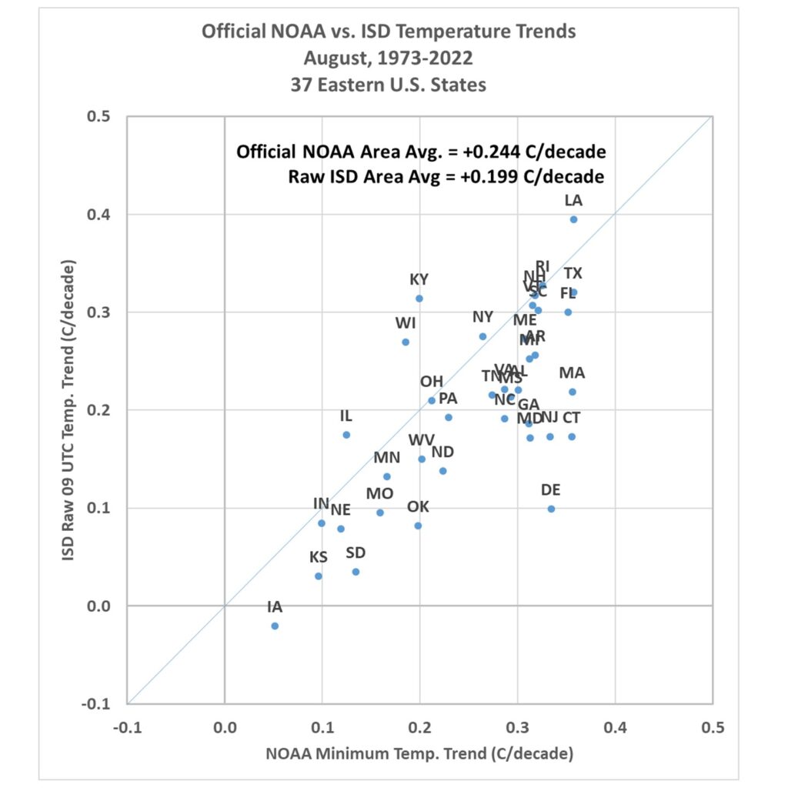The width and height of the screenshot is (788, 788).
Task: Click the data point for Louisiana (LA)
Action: (x=573, y=219)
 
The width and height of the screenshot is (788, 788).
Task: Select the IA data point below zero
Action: (x=275, y=626)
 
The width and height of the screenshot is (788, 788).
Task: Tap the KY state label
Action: (x=419, y=279)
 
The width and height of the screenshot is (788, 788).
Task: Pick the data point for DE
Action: (x=551, y=509)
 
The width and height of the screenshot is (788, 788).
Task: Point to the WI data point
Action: (x=406, y=342)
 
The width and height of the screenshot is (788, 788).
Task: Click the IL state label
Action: (x=346, y=416)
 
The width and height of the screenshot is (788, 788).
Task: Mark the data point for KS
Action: (x=319, y=576)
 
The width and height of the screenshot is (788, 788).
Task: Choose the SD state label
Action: (x=356, y=553)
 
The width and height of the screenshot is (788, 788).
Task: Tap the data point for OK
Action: (x=418, y=526)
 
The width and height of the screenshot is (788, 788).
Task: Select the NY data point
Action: (x=482, y=336)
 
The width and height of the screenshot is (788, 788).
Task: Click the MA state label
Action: (x=572, y=373)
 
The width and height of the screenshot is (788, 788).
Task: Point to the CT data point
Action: (x=572, y=436)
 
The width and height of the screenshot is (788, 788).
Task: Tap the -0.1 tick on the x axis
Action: (x=127, y=726)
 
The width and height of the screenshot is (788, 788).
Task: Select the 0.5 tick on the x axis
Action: (x=713, y=726)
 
